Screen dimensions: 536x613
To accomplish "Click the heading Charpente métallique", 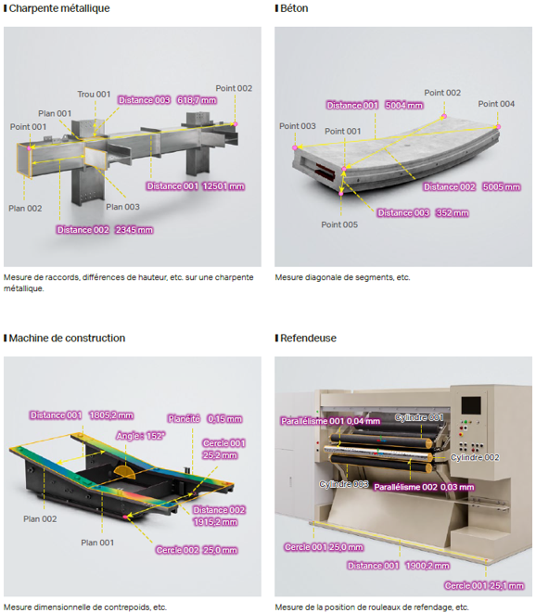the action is click(x=59, y=8).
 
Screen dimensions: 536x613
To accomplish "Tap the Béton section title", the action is click(x=294, y=8).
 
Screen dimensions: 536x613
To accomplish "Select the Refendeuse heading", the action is click(x=308, y=338).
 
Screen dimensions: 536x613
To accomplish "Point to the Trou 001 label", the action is click(x=94, y=95).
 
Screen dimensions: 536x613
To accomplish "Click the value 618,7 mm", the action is click(x=197, y=100).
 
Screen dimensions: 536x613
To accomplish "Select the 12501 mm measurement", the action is click(x=223, y=186).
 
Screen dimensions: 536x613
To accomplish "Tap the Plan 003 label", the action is click(x=122, y=207).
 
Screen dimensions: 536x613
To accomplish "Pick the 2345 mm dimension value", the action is click(x=134, y=230).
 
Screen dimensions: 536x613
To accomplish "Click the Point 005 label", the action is click(x=339, y=224).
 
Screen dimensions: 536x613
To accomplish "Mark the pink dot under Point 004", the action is click(x=498, y=127).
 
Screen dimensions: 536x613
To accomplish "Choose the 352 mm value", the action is click(x=453, y=213).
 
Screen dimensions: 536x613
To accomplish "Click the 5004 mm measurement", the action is click(x=404, y=106).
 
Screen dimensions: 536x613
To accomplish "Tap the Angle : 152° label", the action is click(x=140, y=436).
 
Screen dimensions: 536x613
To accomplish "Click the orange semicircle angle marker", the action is click(x=125, y=472).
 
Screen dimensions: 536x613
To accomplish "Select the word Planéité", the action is click(x=184, y=419).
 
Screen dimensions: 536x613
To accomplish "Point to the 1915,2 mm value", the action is click(x=215, y=522).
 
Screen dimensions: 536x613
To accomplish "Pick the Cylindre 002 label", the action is click(x=475, y=457).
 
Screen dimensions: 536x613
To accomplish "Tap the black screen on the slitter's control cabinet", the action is click(x=471, y=405).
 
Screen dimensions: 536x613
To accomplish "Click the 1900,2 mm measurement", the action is click(x=428, y=566).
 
